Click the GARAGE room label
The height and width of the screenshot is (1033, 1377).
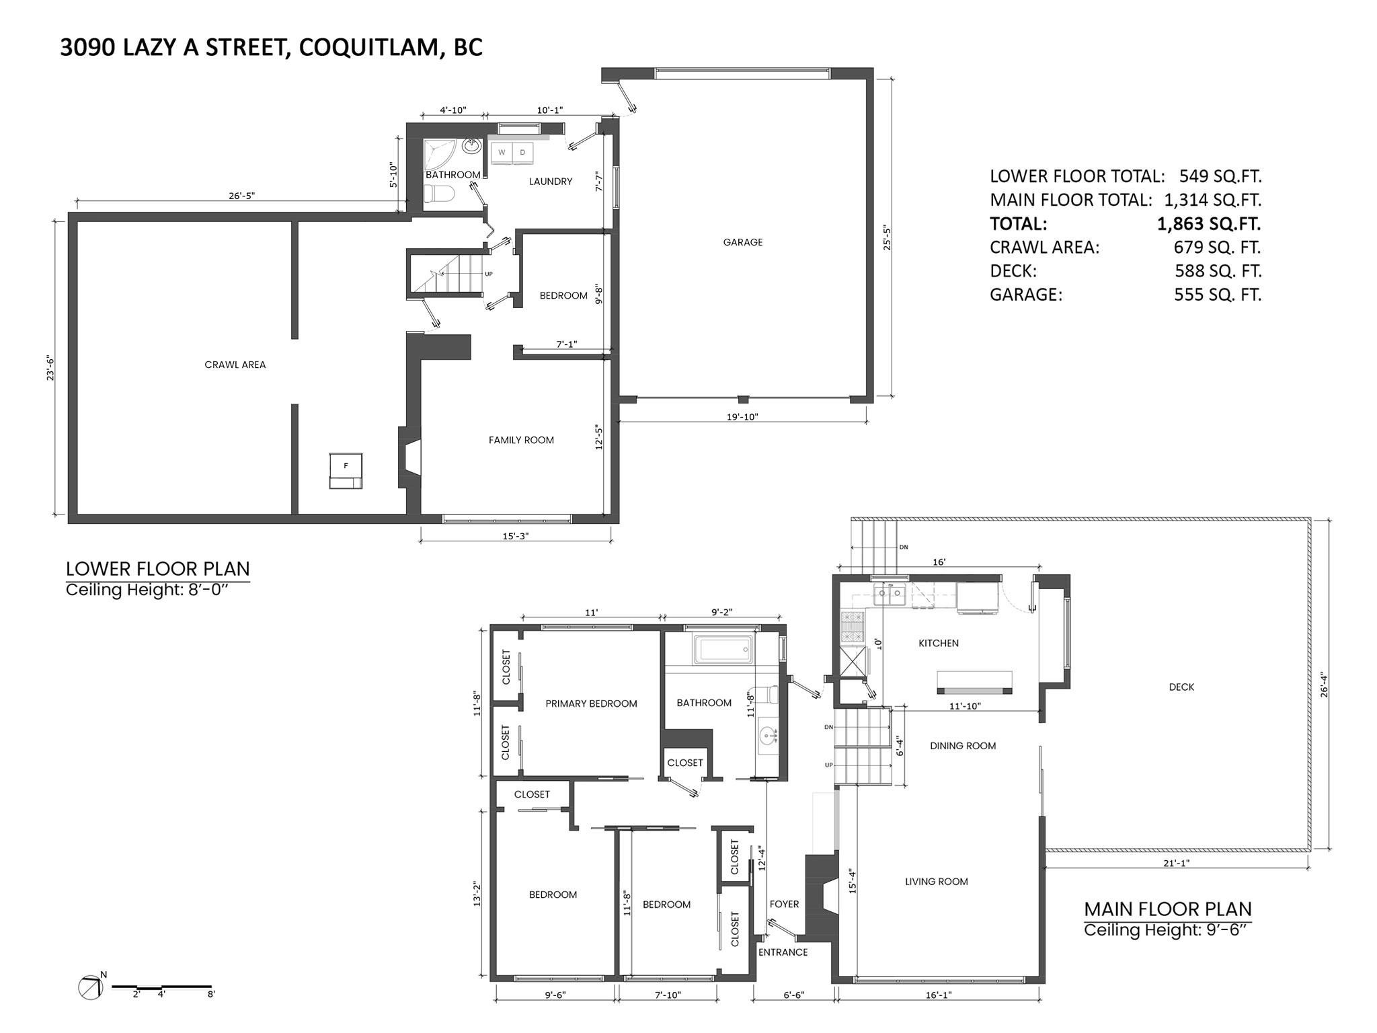(x=742, y=242)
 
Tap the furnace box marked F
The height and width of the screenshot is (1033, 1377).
(x=346, y=469)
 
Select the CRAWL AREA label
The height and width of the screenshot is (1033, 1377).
(x=235, y=365)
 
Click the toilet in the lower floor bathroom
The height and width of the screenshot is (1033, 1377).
(x=442, y=194)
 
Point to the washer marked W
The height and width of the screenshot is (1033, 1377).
(x=502, y=153)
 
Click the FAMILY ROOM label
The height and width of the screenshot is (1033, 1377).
(x=521, y=440)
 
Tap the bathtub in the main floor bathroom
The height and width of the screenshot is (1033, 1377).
(x=724, y=650)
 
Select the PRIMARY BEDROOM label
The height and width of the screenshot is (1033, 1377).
(x=591, y=703)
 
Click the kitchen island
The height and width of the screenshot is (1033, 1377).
(x=974, y=681)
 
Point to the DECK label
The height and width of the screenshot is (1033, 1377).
(x=1181, y=687)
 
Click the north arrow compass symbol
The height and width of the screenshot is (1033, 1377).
(x=90, y=987)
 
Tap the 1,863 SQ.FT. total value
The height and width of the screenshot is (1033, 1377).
(x=1208, y=223)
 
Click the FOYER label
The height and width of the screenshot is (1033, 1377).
(x=784, y=904)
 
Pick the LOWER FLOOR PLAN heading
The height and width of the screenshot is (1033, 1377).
(x=157, y=569)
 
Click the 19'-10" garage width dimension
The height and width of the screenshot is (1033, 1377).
(x=742, y=417)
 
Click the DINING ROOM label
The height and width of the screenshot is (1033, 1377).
(x=963, y=745)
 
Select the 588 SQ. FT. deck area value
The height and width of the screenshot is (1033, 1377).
(x=1218, y=270)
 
